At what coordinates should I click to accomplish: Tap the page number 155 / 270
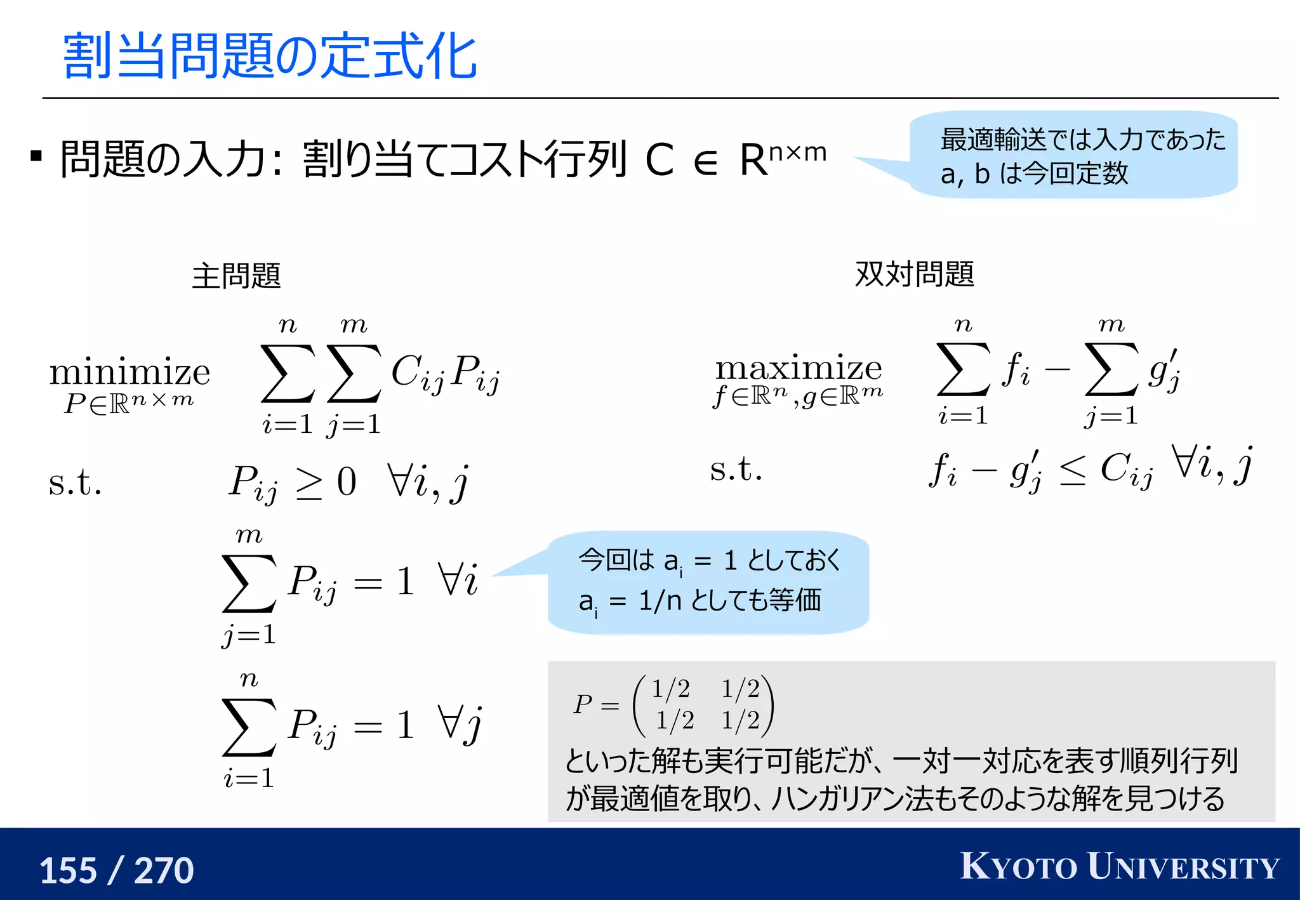pyautogui.click(x=117, y=870)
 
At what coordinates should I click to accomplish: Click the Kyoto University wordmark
pyautogui.click(x=1119, y=866)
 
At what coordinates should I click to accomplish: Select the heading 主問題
pyautogui.click(x=236, y=275)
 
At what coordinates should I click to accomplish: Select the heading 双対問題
pyautogui.click(x=914, y=274)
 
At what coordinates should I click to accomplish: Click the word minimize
pyautogui.click(x=129, y=372)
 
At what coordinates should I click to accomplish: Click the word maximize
pyautogui.click(x=799, y=367)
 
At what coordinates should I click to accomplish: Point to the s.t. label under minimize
pyautogui.click(x=75, y=482)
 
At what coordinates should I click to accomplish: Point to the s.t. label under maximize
pyautogui.click(x=736, y=470)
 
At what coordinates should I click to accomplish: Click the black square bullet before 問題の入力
pyautogui.click(x=37, y=156)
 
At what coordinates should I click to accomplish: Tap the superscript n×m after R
pyautogui.click(x=797, y=152)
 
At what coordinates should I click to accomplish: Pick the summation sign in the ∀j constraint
pyautogui.click(x=249, y=727)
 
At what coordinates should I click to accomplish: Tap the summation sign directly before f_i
pyautogui.click(x=963, y=369)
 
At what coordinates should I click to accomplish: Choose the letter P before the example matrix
pyautogui.click(x=583, y=704)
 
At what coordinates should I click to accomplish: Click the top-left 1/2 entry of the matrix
pyautogui.click(x=671, y=688)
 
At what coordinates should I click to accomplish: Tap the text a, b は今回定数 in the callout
pyautogui.click(x=1034, y=173)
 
